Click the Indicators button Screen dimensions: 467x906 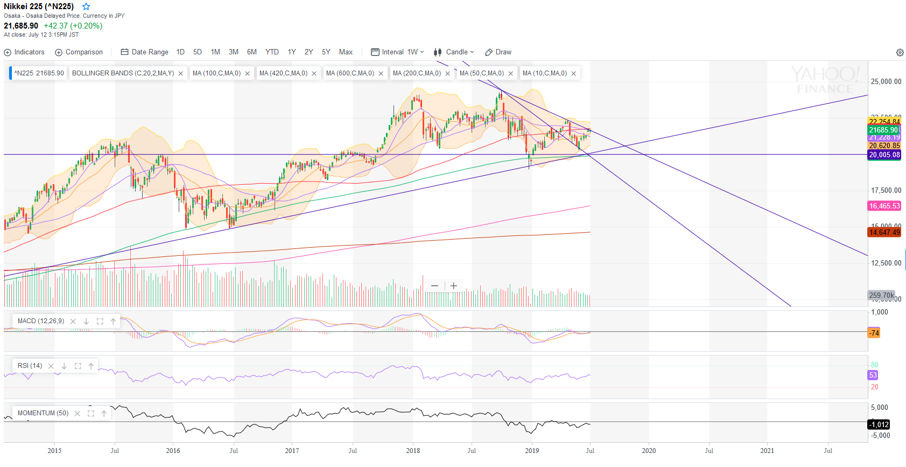point(24,52)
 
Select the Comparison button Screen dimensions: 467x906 point(79,52)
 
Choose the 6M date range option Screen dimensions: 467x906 point(251,52)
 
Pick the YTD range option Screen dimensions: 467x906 point(272,52)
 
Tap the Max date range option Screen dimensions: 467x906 point(346,52)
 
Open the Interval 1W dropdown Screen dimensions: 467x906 point(397,52)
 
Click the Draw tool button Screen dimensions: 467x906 point(498,52)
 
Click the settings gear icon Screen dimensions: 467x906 point(900,52)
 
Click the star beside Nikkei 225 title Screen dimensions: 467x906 point(86,6)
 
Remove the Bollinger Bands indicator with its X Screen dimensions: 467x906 point(181,74)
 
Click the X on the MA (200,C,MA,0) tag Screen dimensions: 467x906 point(447,74)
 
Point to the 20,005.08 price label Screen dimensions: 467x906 point(884,155)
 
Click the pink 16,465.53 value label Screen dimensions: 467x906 point(884,206)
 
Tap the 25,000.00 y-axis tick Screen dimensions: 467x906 point(886,82)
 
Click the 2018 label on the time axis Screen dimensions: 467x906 point(413,451)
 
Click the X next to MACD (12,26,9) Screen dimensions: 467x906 point(73,322)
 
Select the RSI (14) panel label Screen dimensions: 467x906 point(30,366)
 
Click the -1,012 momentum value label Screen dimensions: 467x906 point(879,424)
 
